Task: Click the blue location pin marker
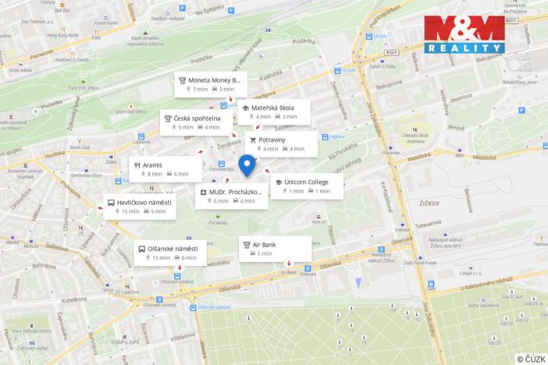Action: pos(247,165)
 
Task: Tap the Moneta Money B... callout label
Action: pos(210,84)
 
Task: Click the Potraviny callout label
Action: pos(282,144)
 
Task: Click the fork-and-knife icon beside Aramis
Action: pos(137,165)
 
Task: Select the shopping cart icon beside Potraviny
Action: pos(252,140)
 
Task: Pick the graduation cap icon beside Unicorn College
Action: pos(279,182)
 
